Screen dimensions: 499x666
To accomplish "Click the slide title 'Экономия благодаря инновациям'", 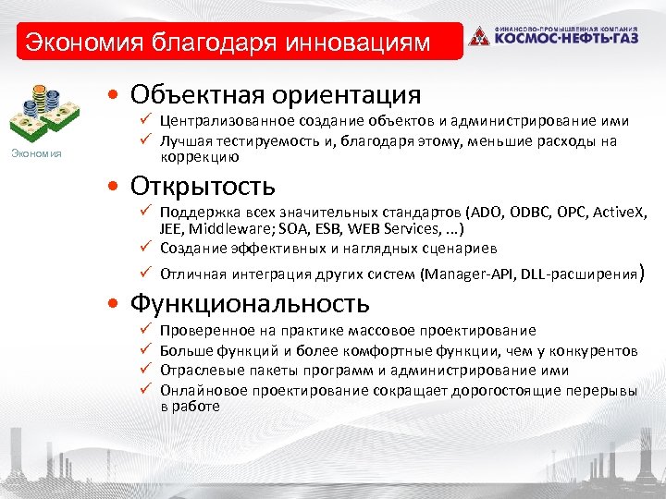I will tap(228, 43).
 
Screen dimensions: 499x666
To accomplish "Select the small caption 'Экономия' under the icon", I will tap(37, 153).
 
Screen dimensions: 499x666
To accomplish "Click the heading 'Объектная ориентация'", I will tap(276, 94).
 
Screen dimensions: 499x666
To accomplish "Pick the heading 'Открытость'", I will tap(203, 186).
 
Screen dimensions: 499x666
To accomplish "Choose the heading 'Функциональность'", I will tap(250, 303).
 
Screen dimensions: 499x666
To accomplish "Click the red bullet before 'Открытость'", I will tap(112, 188).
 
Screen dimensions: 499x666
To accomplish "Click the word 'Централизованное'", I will tap(220, 121).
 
